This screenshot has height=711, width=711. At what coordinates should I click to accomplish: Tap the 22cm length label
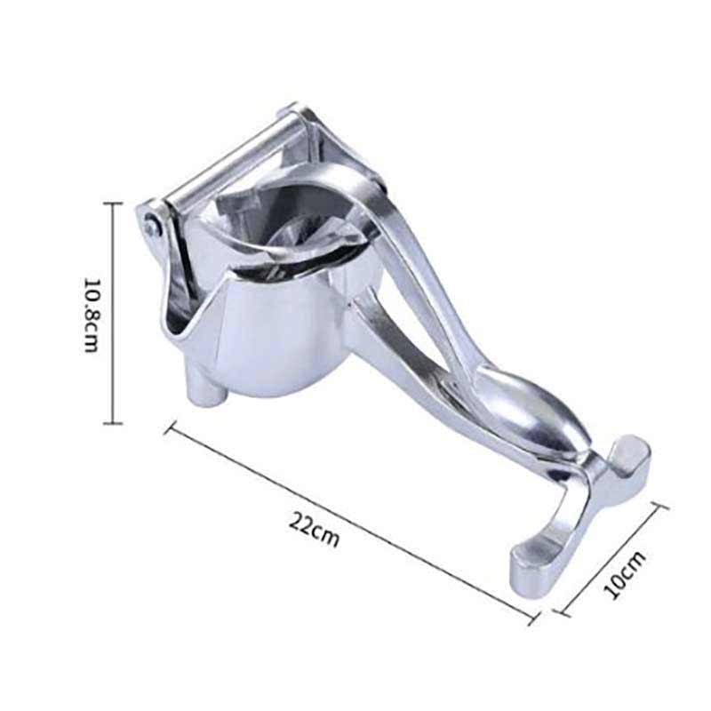(315, 530)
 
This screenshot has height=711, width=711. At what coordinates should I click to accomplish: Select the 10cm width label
(625, 575)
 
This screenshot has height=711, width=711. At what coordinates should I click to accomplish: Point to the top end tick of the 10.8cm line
(113, 204)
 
